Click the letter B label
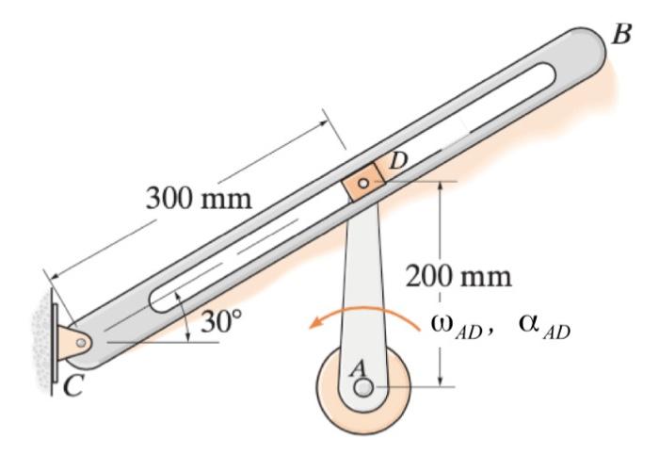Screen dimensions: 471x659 click(621, 34)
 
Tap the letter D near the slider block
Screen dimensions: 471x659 click(397, 162)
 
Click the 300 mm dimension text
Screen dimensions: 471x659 click(199, 199)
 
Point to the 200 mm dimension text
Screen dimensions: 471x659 click(459, 276)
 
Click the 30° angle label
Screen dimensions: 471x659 click(222, 321)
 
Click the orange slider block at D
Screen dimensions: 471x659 click(363, 182)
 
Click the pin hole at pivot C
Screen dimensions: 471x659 click(81, 343)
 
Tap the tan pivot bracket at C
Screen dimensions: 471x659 click(73, 343)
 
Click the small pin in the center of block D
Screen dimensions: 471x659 click(363, 182)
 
